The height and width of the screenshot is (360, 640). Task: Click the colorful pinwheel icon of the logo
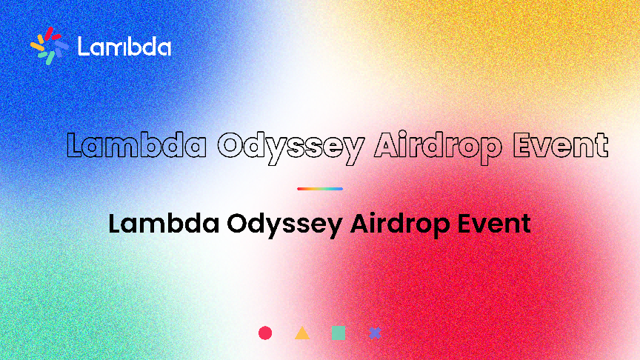49,46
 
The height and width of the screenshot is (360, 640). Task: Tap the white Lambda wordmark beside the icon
124,47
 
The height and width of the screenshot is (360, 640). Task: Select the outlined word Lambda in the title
137,145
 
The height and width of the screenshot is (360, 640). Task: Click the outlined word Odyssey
291,147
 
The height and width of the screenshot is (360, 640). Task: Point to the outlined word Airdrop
438,147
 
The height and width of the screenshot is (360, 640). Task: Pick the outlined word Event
561,145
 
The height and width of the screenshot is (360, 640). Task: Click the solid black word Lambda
164,223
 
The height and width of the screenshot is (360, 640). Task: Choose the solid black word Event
494,224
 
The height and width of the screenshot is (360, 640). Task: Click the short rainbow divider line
320,189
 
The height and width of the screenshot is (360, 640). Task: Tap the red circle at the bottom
265,333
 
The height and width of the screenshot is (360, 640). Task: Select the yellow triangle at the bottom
302,334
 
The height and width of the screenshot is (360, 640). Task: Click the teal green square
339,333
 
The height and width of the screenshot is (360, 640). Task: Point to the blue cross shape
375,333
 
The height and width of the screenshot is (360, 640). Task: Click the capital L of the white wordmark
83,46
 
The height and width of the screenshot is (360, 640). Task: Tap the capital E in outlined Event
523,145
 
